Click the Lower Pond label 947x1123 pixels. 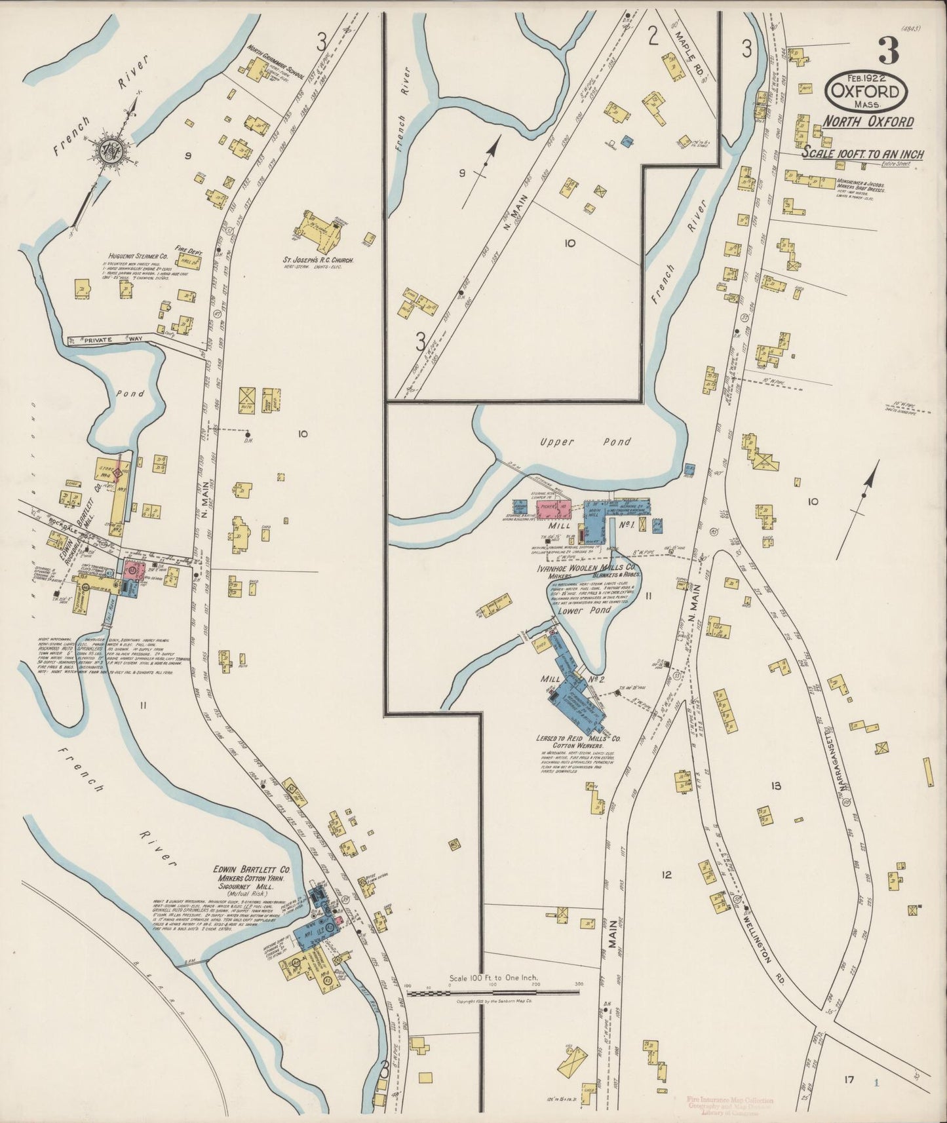click(584, 610)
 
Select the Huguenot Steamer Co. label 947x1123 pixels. click(136, 257)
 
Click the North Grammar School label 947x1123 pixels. click(275, 62)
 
